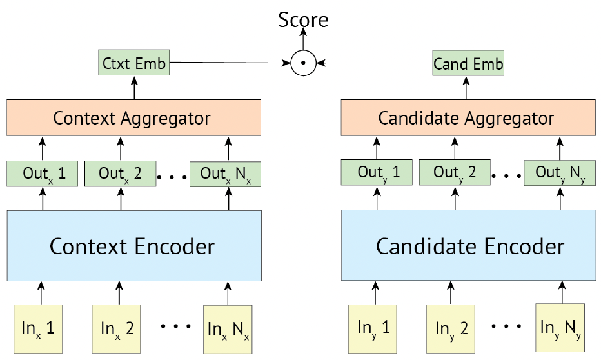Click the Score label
coord(303,19)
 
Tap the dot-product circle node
coord(303,63)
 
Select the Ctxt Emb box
coord(133,63)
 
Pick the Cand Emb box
coord(468,63)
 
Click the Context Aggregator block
coord(133,117)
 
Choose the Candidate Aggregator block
coord(468,117)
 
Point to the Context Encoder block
coord(134,246)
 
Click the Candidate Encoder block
coord(468,245)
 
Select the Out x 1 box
coord(42,174)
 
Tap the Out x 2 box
coord(121,174)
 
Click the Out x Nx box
coord(226,174)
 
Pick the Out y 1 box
coord(377,172)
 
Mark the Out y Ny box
coord(560,172)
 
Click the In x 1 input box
coord(38,329)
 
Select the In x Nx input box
coord(228,329)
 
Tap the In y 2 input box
coord(451,329)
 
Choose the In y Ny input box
coord(560,328)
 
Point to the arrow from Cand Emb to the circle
coord(375,63)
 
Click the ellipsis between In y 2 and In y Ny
coord(506,326)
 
